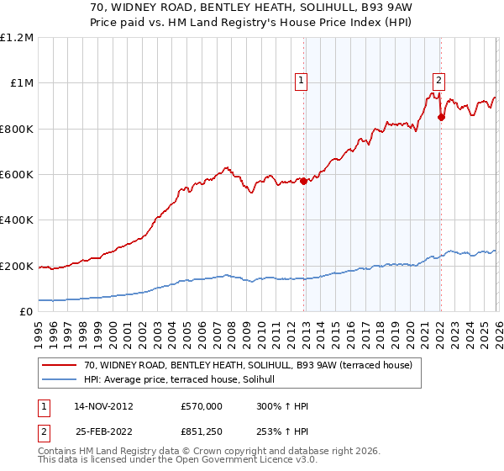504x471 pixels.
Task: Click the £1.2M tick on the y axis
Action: coord(17,38)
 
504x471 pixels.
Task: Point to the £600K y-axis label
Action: coord(17,175)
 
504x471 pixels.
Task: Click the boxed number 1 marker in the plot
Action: coord(301,81)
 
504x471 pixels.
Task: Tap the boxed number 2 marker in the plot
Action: coord(438,81)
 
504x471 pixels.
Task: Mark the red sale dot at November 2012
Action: coord(303,181)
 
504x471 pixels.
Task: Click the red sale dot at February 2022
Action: coord(441,117)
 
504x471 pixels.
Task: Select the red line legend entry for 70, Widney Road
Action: coord(248,366)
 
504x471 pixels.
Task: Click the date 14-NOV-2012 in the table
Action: coord(104,405)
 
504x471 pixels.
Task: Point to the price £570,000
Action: coord(202,405)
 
